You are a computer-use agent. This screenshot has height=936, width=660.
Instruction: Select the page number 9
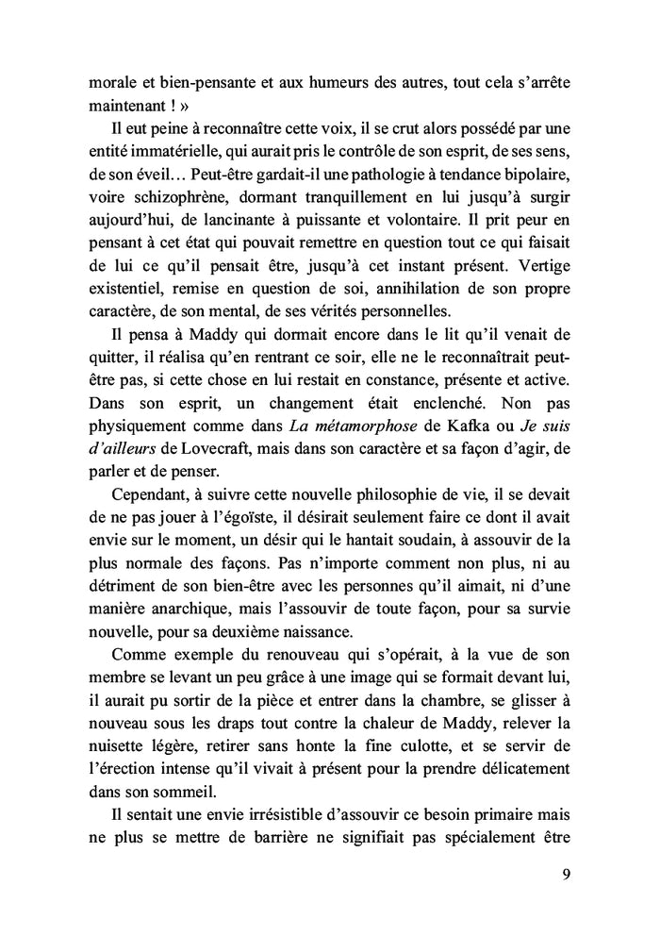point(565,873)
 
